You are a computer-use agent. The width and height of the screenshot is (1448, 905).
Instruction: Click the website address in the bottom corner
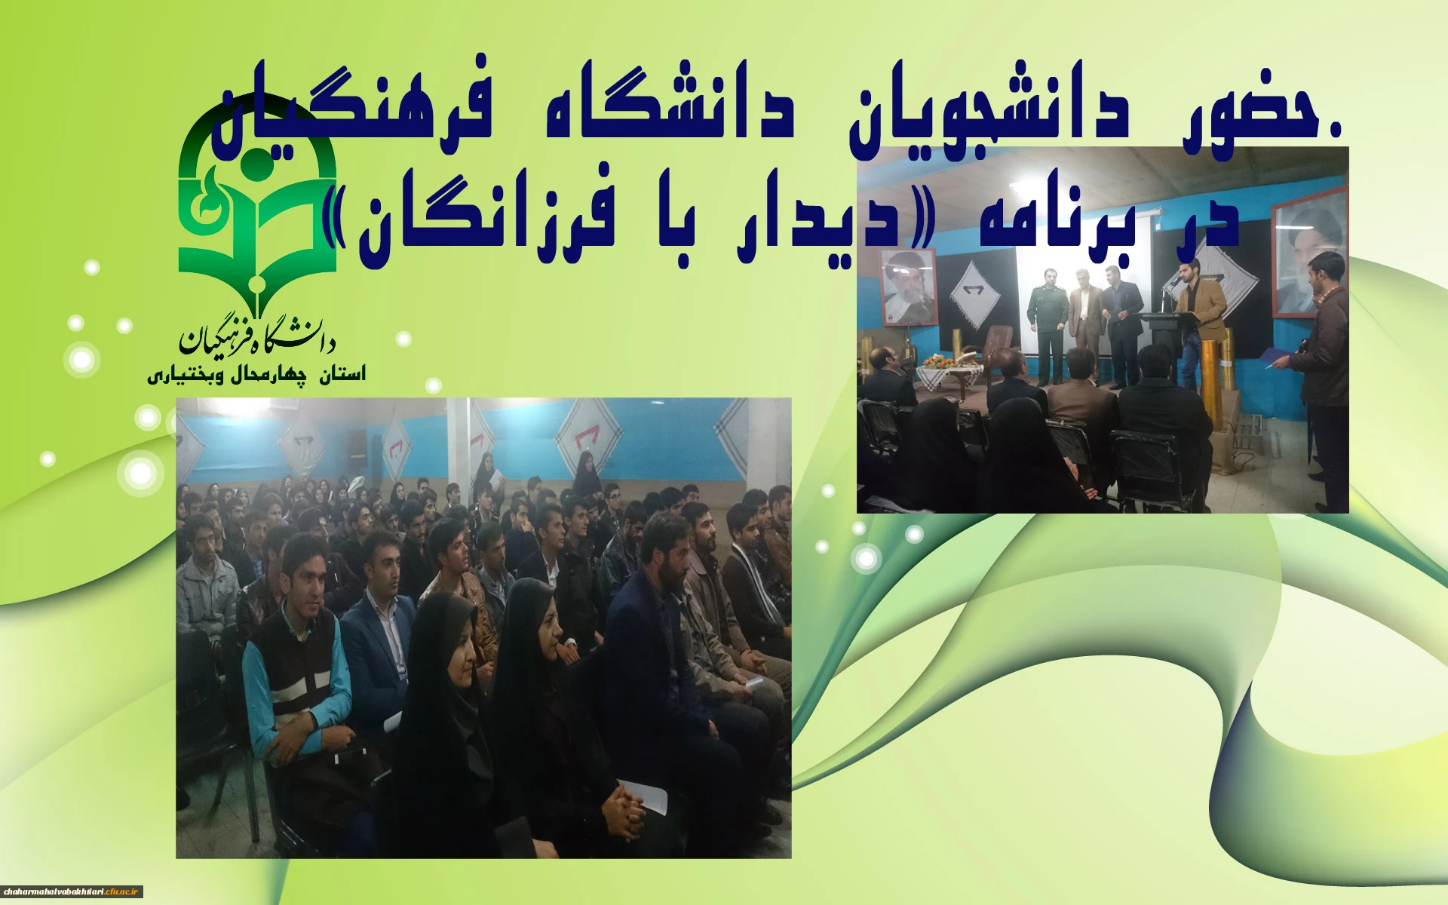[72, 891]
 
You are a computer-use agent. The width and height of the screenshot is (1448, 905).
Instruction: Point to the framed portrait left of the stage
[909, 287]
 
